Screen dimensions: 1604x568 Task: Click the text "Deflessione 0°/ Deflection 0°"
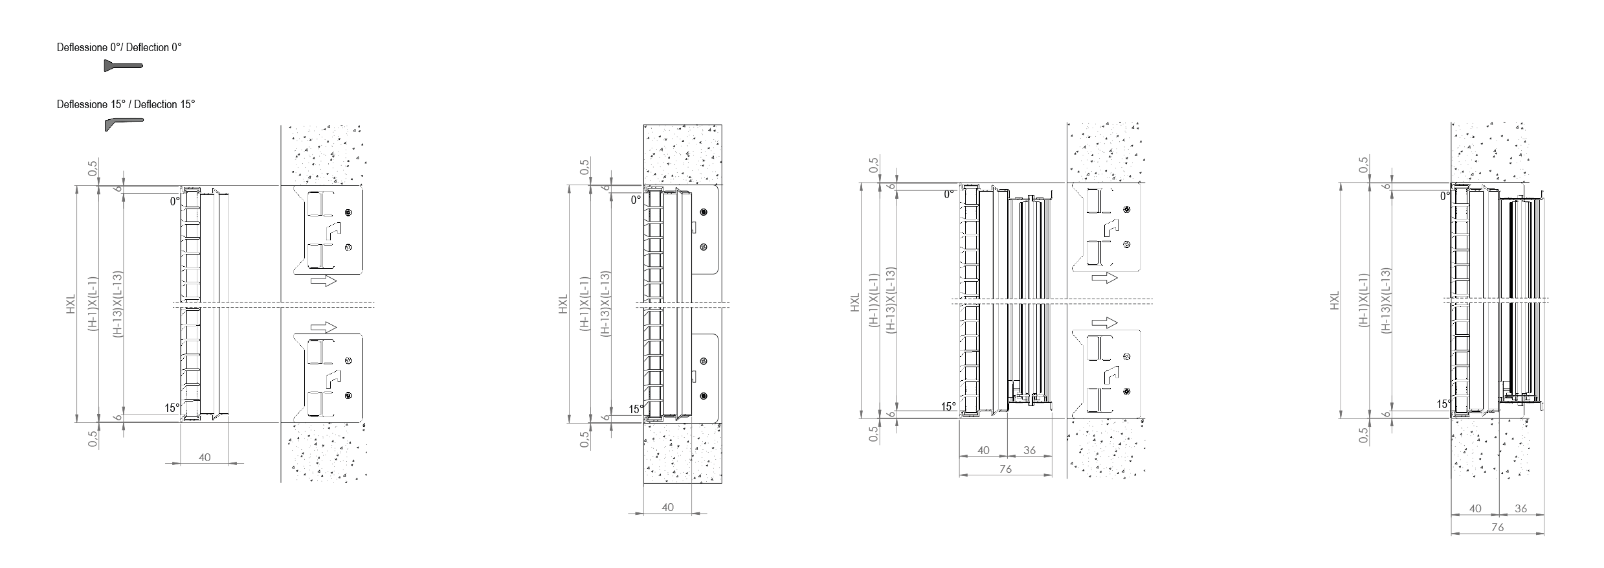[x=119, y=47]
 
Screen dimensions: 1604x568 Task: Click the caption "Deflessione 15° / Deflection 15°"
[x=126, y=104]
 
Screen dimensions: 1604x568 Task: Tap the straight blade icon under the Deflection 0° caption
[x=123, y=65]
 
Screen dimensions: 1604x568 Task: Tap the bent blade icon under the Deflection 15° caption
[x=123, y=123]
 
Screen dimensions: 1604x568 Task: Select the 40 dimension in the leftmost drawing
[x=205, y=457]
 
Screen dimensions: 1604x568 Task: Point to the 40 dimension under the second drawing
[x=668, y=507]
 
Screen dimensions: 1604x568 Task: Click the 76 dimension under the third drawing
[x=1005, y=469]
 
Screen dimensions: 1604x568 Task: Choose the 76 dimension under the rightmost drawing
[x=1497, y=527]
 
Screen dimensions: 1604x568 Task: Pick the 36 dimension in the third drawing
[x=1029, y=450]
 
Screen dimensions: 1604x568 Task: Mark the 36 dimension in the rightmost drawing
[x=1521, y=508]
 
